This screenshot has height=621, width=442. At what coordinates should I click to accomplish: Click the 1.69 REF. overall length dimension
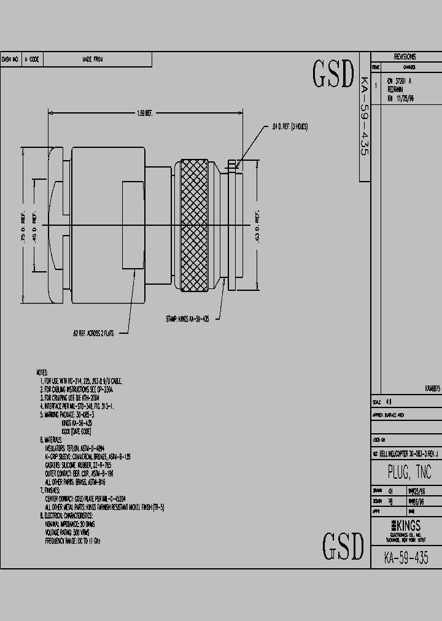145,112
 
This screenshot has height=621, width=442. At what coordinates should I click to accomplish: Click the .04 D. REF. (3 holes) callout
289,126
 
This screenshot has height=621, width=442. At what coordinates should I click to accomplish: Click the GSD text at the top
333,75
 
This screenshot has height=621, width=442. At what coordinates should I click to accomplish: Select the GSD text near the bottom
343,546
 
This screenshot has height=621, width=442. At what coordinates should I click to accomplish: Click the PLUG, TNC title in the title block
409,472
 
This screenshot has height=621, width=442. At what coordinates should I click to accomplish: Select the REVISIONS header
405,56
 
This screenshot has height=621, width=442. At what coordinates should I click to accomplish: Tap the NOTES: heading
42,372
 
